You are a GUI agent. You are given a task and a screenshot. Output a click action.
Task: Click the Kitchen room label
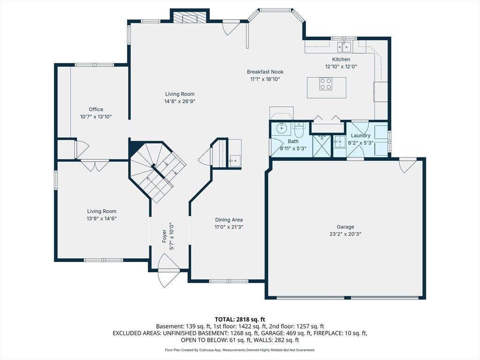point(341,60)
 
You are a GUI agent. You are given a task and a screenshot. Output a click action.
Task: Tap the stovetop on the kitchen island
point(326,84)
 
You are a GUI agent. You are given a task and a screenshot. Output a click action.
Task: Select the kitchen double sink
point(345,47)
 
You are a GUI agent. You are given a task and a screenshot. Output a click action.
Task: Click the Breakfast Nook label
point(265,72)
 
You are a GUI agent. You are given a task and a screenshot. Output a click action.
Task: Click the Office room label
point(96,109)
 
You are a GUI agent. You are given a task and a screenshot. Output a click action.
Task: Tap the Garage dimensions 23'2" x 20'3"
point(345,234)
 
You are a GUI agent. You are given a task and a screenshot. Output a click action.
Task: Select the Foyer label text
point(165,236)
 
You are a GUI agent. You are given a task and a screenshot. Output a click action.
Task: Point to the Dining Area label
point(229,220)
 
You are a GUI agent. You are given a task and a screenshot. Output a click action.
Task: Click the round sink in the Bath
point(281,128)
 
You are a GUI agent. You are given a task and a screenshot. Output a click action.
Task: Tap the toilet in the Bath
point(298,131)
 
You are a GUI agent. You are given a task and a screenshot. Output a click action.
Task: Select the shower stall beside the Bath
point(322,146)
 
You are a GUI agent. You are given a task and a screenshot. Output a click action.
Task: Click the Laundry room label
point(360,135)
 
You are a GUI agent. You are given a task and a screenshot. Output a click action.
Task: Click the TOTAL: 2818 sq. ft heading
point(240,320)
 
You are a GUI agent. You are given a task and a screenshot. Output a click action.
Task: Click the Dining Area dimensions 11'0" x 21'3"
point(229,227)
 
